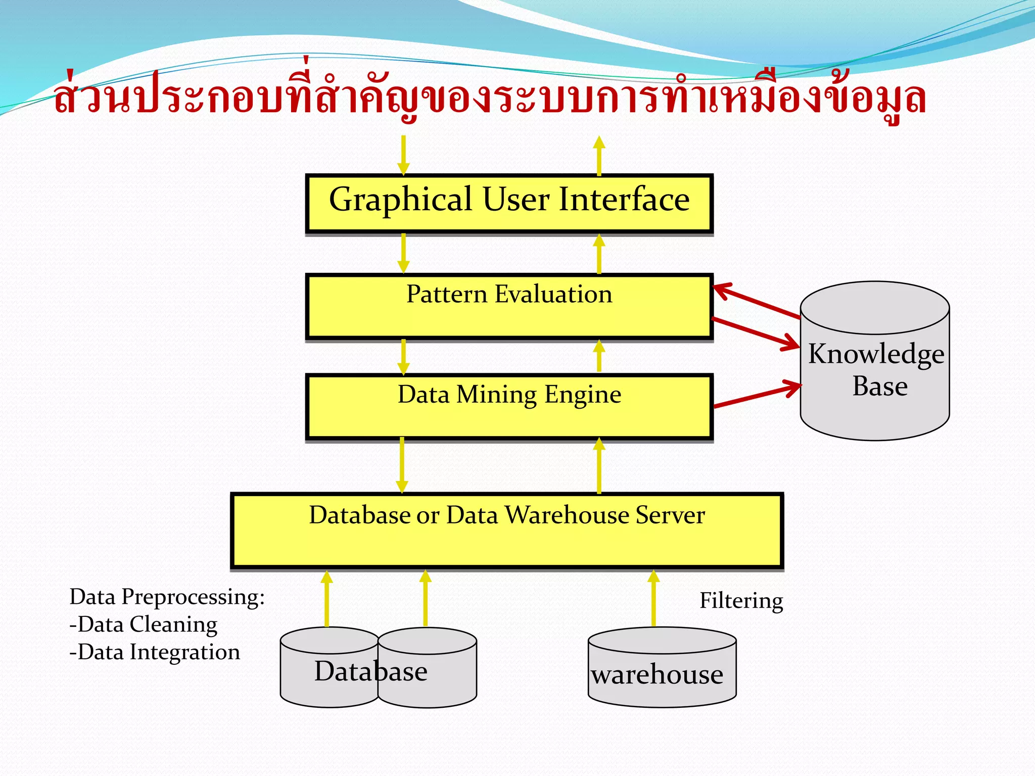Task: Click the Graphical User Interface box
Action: (509, 203)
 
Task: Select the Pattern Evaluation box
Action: (509, 306)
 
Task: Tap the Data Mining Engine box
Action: (509, 406)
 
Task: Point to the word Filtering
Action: (741, 601)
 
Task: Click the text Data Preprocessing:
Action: (167, 597)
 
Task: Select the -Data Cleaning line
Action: (144, 624)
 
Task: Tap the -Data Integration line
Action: (155, 652)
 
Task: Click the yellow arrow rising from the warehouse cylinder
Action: (653, 599)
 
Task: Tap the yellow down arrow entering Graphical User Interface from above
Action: (403, 155)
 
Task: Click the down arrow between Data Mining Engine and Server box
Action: (402, 465)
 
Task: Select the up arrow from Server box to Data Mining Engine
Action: (599, 465)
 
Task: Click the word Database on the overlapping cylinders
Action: (371, 671)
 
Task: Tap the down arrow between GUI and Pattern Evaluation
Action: (403, 253)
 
